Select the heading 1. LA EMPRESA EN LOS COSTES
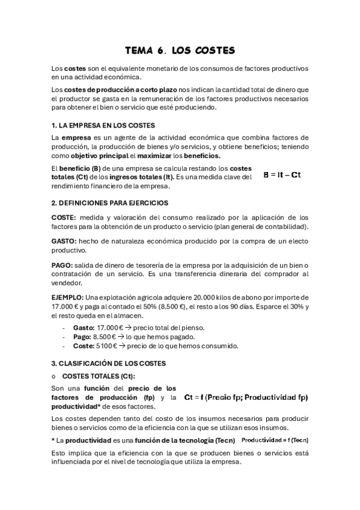103,125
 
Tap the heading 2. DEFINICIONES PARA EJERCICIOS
110,203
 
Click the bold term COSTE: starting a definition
64,217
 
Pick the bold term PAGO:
63,265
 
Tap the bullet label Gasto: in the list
84,328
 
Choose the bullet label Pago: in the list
83,337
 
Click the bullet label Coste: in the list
84,346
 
